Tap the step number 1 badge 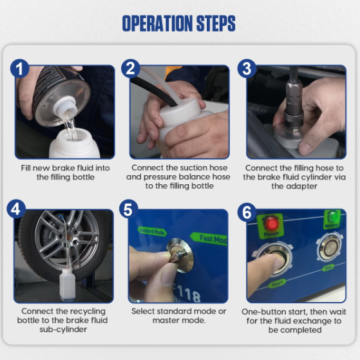click(x=20, y=69)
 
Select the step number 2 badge click(x=131, y=69)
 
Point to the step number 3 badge click(x=247, y=69)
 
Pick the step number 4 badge click(x=16, y=209)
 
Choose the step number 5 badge click(x=129, y=209)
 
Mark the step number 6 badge click(x=247, y=213)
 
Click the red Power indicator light click(x=271, y=223)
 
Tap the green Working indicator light click(x=333, y=217)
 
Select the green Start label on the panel click(x=277, y=284)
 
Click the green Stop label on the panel click(x=328, y=268)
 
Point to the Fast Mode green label click(x=209, y=239)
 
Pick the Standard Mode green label click(x=152, y=231)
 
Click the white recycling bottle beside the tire click(x=67, y=285)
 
